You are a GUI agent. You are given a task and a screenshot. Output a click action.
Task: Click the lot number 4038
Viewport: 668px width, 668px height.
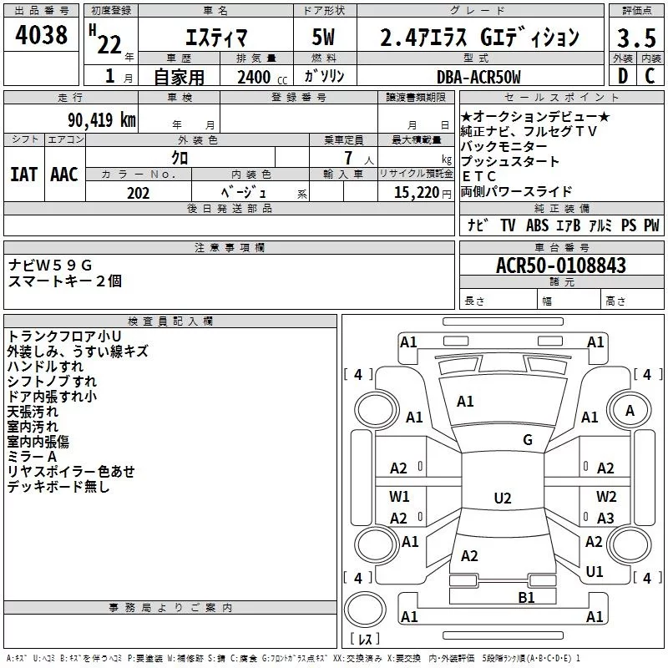(x=41, y=34)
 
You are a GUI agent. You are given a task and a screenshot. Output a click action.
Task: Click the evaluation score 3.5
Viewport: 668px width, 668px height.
(x=636, y=38)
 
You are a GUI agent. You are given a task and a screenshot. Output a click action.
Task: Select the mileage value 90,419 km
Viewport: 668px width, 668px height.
(x=102, y=119)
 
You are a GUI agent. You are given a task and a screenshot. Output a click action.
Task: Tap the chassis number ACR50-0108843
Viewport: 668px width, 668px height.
(x=561, y=266)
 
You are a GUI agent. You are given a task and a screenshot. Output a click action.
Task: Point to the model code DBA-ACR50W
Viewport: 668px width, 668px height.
(x=478, y=77)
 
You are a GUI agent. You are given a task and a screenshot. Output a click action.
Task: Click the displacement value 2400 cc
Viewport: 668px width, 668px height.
(x=262, y=77)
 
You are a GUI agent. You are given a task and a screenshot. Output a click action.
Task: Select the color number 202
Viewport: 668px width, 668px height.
(x=138, y=193)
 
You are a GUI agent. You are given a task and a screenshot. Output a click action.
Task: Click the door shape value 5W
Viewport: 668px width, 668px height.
(x=323, y=37)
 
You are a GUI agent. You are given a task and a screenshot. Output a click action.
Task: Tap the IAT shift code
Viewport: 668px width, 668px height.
(x=24, y=174)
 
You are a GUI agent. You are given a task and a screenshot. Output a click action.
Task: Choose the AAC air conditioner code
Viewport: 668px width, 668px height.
(x=64, y=174)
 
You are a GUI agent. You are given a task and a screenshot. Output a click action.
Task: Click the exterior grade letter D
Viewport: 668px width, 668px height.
(x=623, y=76)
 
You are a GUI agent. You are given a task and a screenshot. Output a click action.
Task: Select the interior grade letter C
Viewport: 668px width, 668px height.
(x=650, y=76)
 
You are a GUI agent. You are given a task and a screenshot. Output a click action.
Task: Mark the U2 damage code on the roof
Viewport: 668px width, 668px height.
(x=503, y=498)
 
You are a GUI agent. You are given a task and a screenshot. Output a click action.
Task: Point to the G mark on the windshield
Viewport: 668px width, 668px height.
(x=528, y=439)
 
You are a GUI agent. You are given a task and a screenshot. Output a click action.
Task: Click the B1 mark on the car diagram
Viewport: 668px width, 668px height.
(x=526, y=597)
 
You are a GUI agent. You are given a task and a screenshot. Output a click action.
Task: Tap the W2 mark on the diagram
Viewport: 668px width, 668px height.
(x=606, y=496)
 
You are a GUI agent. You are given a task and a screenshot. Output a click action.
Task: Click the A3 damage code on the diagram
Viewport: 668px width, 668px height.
(x=605, y=518)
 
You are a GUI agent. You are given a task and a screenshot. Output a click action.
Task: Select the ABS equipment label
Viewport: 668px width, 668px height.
(x=537, y=225)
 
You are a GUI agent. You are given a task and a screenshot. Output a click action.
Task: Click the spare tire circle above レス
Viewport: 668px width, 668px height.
(x=365, y=610)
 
